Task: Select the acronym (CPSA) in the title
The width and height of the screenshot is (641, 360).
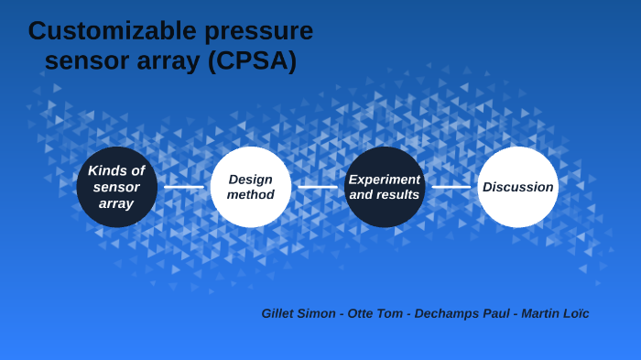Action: [x=252, y=61]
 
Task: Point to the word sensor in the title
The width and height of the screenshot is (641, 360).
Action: [x=86, y=61]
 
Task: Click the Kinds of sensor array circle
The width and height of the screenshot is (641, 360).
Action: [x=116, y=187]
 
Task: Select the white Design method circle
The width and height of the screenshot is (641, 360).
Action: [x=250, y=187]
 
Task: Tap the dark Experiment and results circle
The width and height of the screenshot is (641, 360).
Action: [x=385, y=187]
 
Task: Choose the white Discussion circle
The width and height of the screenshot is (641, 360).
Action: [x=517, y=187]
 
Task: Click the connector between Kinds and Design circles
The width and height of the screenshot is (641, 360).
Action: [x=183, y=187]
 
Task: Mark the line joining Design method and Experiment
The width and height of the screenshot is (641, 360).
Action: [x=318, y=187]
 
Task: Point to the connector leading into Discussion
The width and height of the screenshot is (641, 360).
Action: [x=451, y=187]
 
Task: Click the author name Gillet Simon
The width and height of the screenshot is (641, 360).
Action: [x=298, y=313]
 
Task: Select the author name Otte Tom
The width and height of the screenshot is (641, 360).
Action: [x=375, y=313]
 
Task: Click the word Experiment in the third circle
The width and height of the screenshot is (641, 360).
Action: [x=385, y=180]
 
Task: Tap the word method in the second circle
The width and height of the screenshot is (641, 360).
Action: [x=250, y=195]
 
